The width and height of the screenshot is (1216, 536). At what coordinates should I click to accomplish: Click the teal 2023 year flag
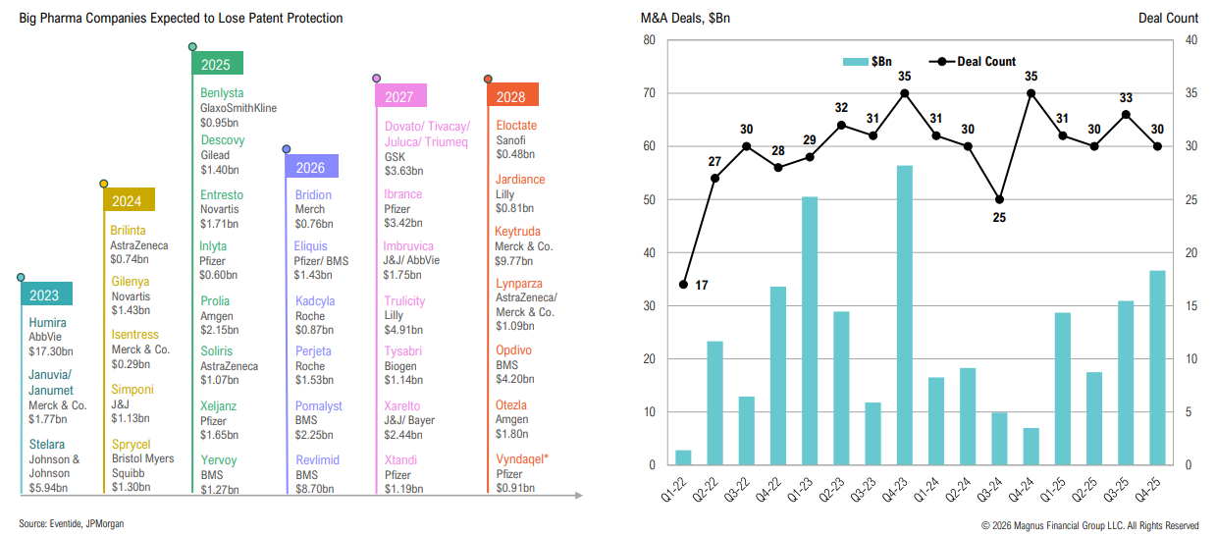click(45, 295)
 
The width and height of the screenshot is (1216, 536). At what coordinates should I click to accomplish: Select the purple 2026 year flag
click(311, 167)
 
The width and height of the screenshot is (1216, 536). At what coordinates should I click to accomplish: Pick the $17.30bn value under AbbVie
click(50, 350)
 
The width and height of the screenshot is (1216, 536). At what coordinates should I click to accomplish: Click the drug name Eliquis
click(311, 246)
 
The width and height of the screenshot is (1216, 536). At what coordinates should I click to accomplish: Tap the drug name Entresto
click(222, 195)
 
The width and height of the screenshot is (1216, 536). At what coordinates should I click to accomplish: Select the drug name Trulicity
click(404, 301)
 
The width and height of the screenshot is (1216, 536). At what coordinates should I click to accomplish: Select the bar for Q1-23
click(810, 330)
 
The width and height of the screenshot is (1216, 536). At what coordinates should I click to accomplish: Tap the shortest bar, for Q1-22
click(683, 457)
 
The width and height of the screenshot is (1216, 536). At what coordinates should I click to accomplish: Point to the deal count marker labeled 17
click(683, 285)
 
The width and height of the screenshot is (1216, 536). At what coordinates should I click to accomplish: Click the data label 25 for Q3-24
click(999, 218)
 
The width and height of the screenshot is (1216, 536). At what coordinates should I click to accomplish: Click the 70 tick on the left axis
click(649, 93)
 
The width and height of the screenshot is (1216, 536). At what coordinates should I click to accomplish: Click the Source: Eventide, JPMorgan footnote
click(72, 524)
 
